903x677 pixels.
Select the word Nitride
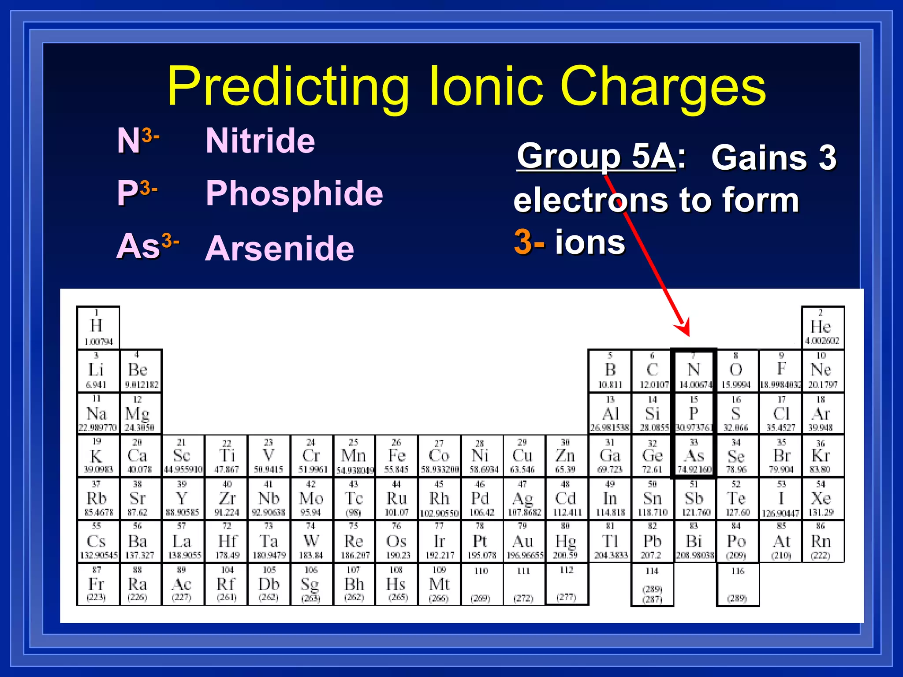260,141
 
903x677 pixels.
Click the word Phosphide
295,193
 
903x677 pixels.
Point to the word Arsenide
280,248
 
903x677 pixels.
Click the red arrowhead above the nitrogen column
683,328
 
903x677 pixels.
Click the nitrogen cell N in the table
694,370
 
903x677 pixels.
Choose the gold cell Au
523,542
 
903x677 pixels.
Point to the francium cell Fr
97,584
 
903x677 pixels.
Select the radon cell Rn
821,542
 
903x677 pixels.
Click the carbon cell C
652,370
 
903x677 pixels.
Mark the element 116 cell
737,584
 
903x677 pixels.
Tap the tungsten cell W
311,542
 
